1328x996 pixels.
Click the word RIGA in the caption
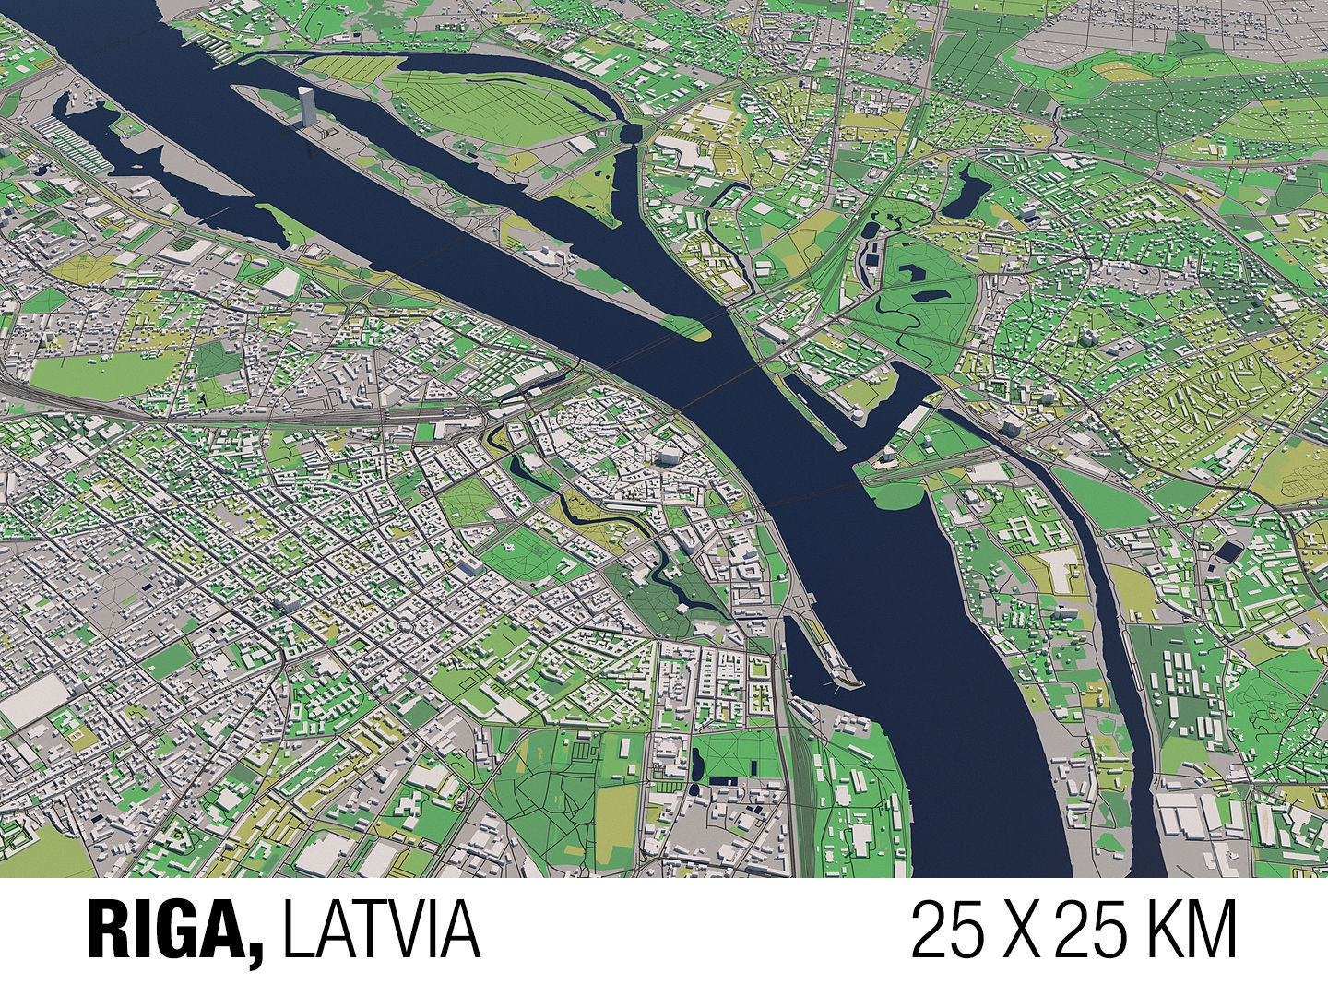coord(167,931)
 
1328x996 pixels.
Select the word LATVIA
coord(381,931)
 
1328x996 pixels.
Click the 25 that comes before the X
coord(949,931)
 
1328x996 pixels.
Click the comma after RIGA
coord(255,950)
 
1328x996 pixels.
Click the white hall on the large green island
coord(582,145)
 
